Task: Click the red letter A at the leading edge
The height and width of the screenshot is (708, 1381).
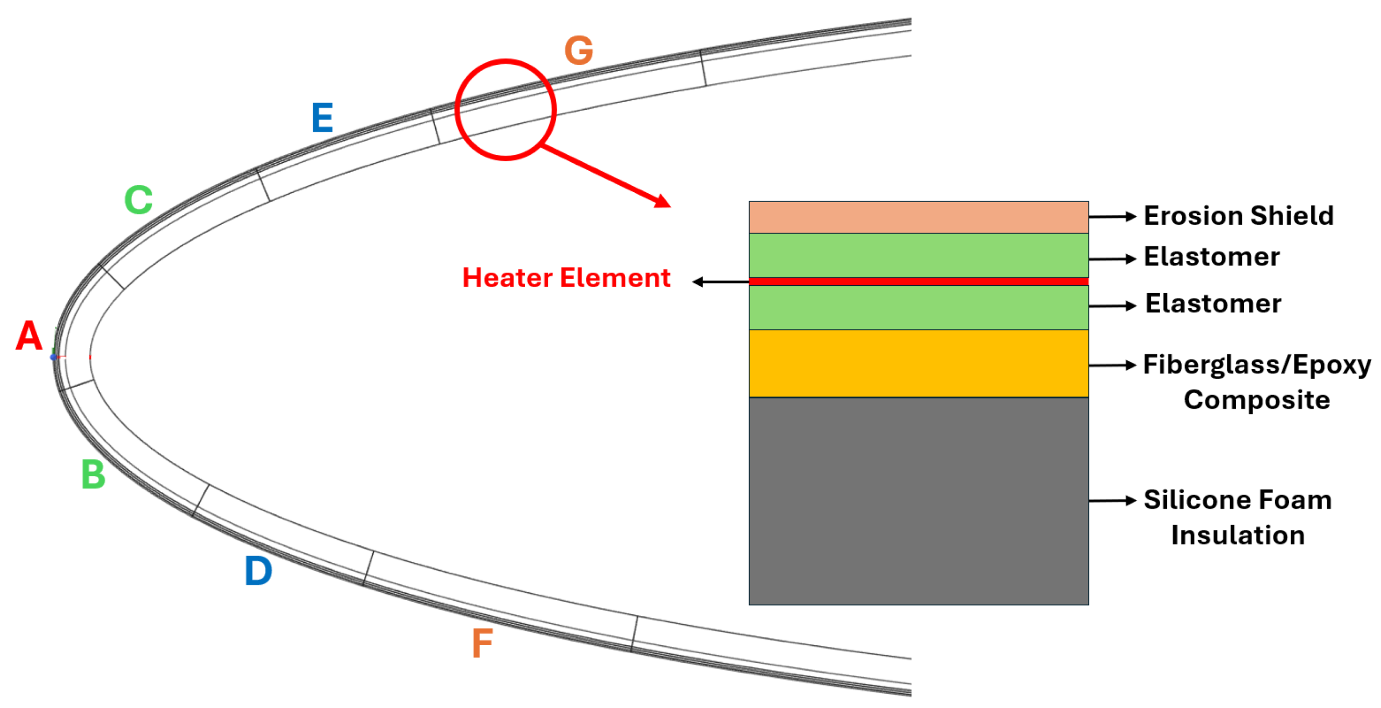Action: point(29,336)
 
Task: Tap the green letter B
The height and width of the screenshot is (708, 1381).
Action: point(93,475)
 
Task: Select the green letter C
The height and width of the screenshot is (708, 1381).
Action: point(138,200)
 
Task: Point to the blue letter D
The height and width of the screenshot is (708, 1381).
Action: point(258,571)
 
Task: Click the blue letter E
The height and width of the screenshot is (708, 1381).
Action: point(322,118)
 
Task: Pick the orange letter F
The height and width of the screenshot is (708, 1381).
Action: point(482,643)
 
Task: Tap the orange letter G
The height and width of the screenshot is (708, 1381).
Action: point(579,51)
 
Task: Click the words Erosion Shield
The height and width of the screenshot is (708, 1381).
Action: point(1238,216)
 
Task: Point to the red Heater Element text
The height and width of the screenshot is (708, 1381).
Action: point(566,278)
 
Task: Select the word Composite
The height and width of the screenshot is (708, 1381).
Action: point(1257,400)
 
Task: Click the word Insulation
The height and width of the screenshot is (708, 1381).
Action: point(1238,535)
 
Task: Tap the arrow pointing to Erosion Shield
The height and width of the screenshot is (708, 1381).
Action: point(1112,217)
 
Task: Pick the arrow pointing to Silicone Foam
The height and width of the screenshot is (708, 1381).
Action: point(1112,501)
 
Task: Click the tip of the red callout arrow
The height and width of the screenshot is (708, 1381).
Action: point(669,205)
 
